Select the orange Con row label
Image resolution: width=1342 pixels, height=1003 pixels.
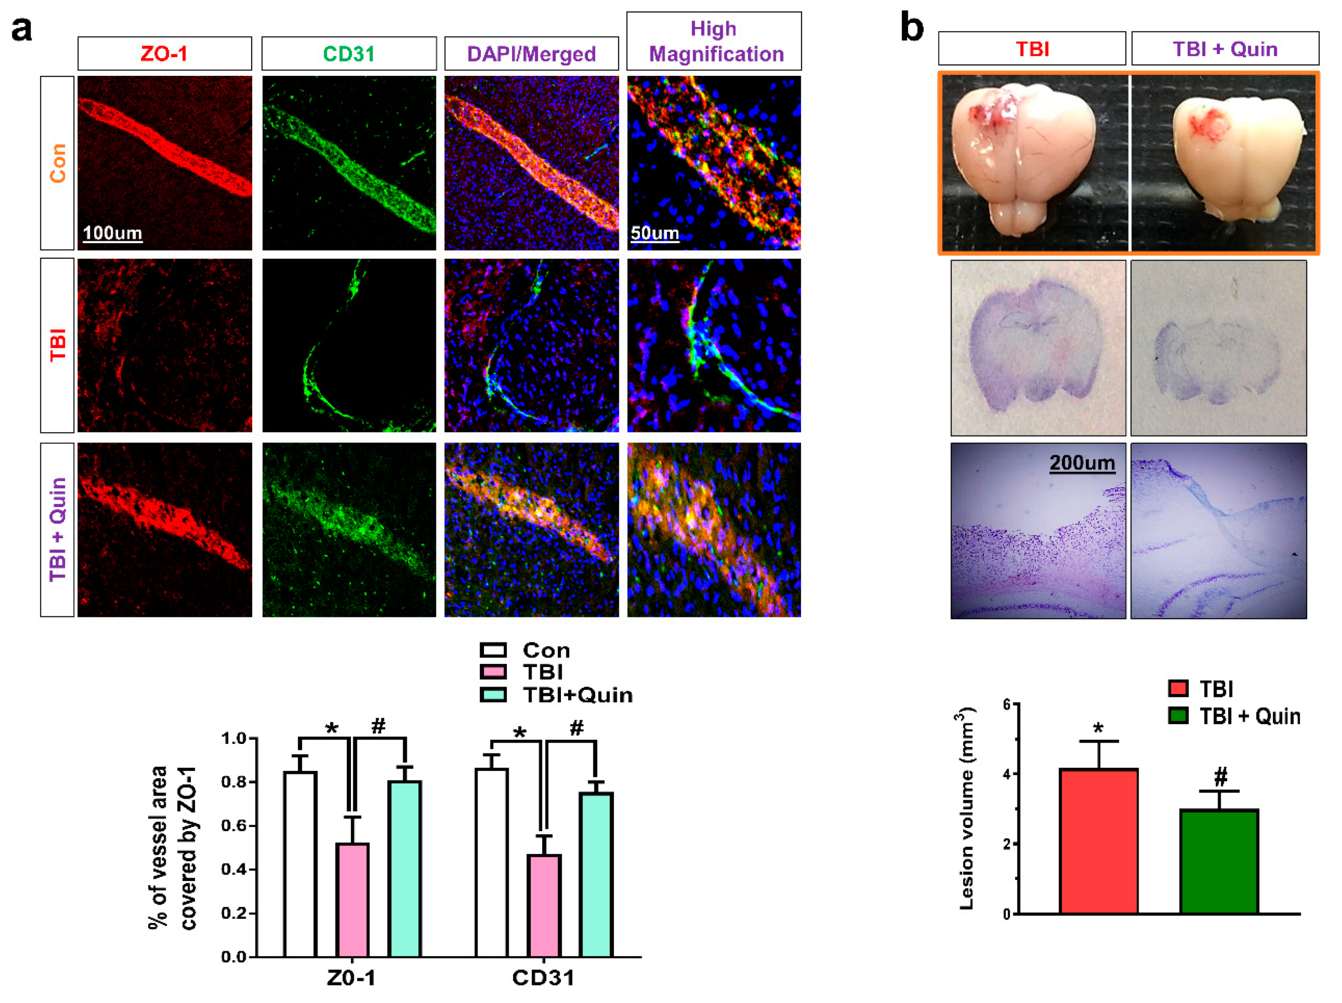pos(58,163)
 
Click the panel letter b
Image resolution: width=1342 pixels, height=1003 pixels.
pos(911,28)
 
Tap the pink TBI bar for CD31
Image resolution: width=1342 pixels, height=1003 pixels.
pos(544,905)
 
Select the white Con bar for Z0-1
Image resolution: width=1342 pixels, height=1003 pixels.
pos(300,864)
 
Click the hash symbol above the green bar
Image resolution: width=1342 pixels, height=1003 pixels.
pos(1221,776)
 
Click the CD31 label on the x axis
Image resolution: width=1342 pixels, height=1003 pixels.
pos(543,978)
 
